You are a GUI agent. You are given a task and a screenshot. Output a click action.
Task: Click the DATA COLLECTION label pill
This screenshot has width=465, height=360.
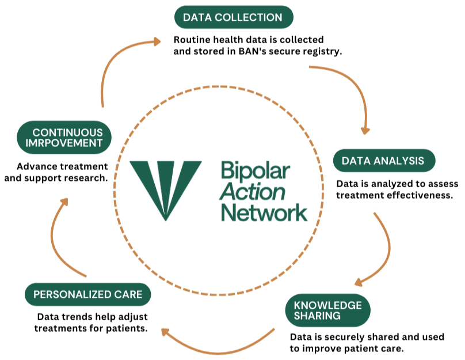click(x=232, y=18)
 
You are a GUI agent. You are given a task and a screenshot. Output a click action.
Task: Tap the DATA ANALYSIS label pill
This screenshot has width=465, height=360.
click(x=383, y=161)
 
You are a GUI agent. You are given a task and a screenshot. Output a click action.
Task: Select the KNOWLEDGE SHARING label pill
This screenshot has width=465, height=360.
click(x=327, y=310)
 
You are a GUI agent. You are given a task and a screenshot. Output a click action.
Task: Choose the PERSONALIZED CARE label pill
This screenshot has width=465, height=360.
click(x=87, y=295)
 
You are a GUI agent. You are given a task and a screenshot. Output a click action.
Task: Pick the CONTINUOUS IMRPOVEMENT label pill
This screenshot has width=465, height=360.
click(x=63, y=138)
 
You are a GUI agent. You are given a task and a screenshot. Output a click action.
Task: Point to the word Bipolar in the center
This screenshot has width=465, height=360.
click(x=256, y=172)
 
